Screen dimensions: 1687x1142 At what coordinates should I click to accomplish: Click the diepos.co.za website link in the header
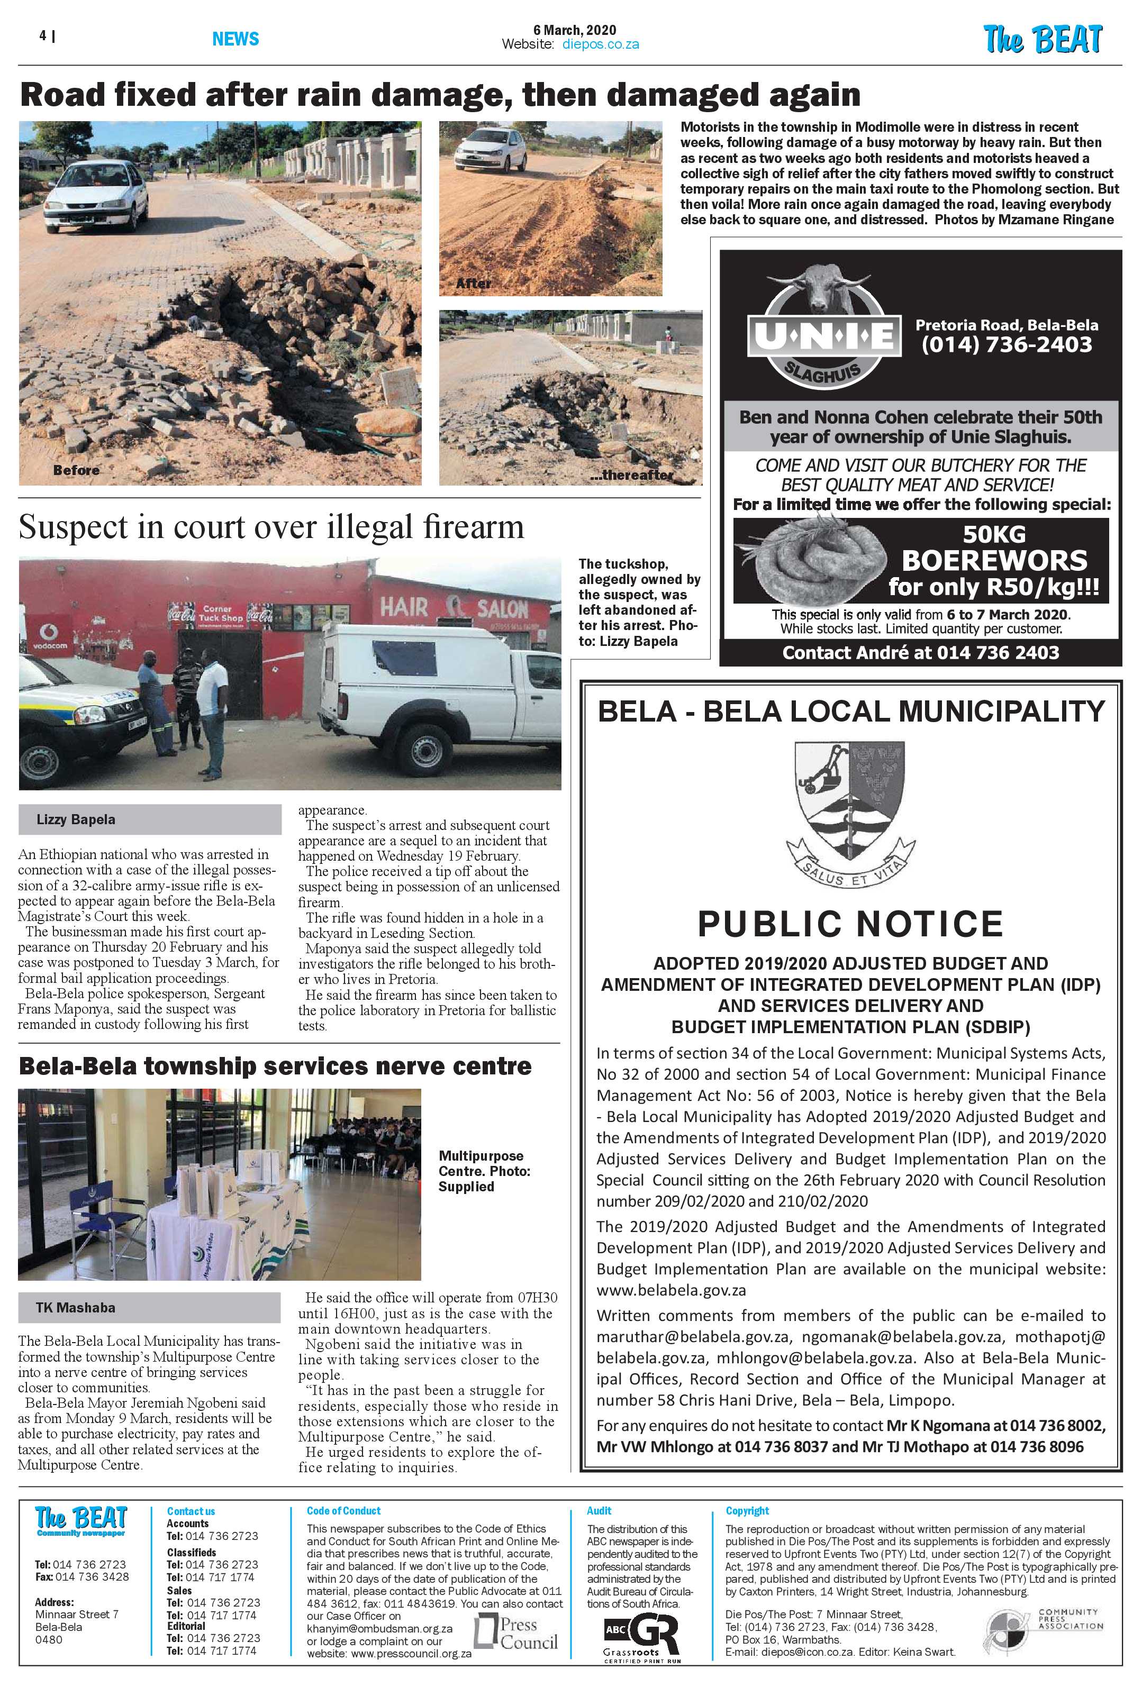tap(601, 44)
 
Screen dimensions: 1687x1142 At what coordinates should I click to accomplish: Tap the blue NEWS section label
tap(235, 39)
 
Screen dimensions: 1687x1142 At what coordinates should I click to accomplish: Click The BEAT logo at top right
tap(1043, 39)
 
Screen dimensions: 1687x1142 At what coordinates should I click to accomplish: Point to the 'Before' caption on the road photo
tap(76, 470)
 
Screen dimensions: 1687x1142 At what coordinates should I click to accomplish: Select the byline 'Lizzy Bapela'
tap(76, 819)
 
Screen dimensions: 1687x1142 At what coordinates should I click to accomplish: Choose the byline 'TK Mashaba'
tap(76, 1307)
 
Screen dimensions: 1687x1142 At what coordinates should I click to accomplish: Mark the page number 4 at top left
tap(43, 35)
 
